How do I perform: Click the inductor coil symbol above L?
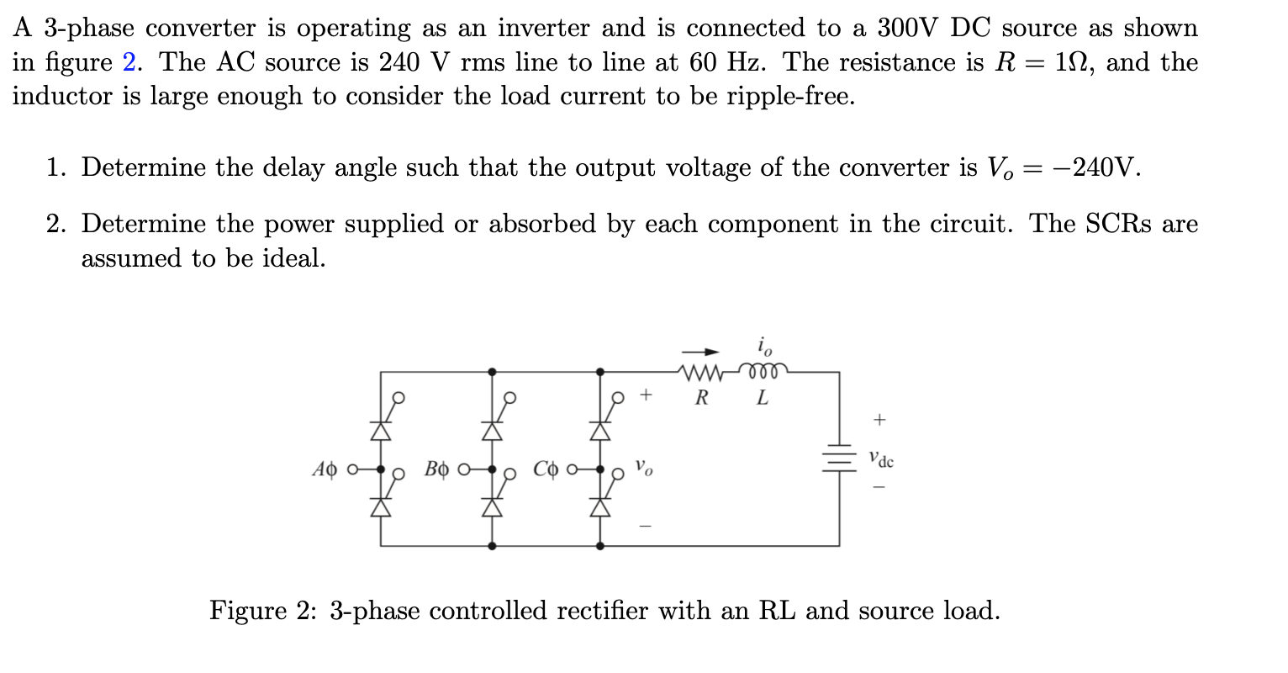(763, 370)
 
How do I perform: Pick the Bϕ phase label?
(435, 469)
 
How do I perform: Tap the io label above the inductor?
(763, 345)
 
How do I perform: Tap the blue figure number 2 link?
(129, 62)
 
